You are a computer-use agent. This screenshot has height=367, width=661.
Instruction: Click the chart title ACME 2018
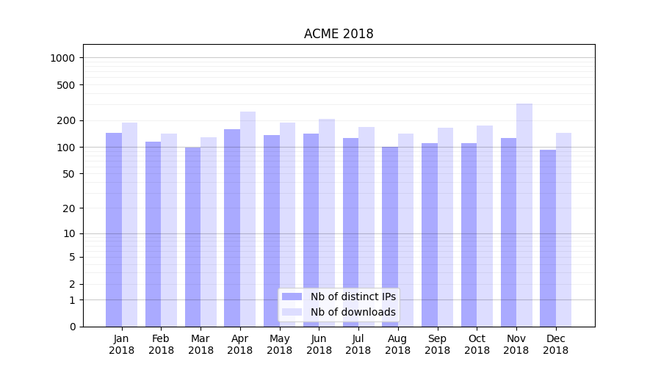coord(339,34)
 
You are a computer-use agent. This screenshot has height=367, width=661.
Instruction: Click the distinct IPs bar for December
coord(548,238)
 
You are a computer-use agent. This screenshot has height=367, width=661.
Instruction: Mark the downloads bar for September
coord(445,227)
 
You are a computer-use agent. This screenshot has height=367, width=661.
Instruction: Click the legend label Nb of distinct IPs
coord(353,297)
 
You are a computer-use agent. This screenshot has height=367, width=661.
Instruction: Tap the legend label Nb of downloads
coord(353,312)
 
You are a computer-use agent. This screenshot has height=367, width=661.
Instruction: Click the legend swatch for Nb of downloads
coord(292,312)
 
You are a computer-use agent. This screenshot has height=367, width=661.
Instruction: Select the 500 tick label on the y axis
coord(68,85)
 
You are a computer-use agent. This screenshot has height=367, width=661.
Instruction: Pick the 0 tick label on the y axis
coord(73,327)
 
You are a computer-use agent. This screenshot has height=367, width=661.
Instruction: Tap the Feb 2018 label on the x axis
coord(162,344)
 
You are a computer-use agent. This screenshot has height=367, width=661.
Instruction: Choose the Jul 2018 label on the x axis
coord(358,344)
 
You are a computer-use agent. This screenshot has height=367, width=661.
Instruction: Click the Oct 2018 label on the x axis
coord(477,344)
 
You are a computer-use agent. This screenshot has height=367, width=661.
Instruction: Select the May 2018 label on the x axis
coord(280,344)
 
